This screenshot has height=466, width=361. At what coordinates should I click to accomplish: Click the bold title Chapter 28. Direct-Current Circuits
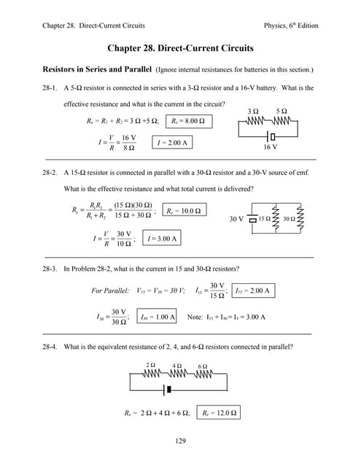click(x=180, y=48)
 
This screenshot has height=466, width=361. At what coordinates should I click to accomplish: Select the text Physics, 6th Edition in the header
click(x=291, y=26)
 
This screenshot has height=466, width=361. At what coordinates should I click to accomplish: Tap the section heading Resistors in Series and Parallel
click(x=96, y=70)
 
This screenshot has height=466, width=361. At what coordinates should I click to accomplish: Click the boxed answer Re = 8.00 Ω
click(x=188, y=121)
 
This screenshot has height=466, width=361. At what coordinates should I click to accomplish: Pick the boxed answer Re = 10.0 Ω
click(x=182, y=211)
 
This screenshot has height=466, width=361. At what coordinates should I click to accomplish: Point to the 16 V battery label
click(x=270, y=146)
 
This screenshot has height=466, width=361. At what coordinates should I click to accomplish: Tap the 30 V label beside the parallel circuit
click(x=236, y=218)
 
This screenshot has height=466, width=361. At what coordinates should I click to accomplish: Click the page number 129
click(x=180, y=441)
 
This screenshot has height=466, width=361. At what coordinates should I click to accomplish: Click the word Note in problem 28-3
click(x=195, y=317)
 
